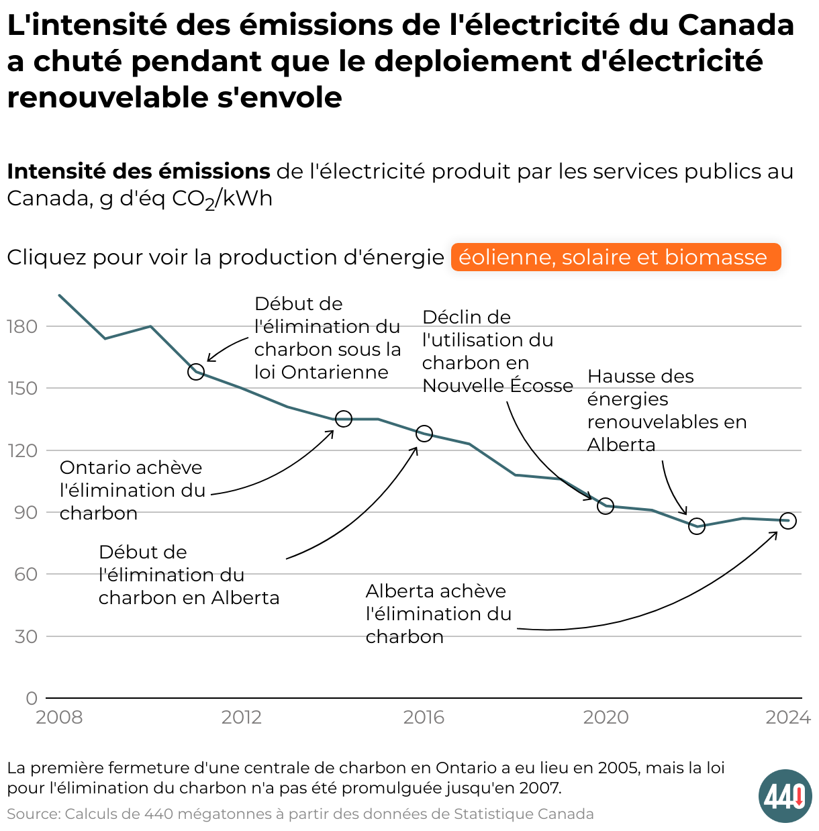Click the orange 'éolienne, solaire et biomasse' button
(x=616, y=257)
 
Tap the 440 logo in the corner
(x=785, y=796)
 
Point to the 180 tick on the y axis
(x=23, y=327)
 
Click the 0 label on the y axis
(x=32, y=699)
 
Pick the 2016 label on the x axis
(x=424, y=718)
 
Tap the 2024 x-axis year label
(x=788, y=718)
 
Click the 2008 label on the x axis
(x=59, y=718)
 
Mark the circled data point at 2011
(x=196, y=371)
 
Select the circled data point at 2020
(x=606, y=506)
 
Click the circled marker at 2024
(x=788, y=521)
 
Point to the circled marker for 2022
(x=697, y=526)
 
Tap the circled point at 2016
(x=424, y=434)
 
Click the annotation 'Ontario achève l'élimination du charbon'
(x=132, y=490)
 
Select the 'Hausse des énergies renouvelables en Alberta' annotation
(x=666, y=410)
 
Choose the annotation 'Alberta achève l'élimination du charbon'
(x=438, y=614)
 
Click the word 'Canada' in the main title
(x=736, y=25)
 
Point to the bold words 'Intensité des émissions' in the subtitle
(x=138, y=172)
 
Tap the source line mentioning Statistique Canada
(x=300, y=814)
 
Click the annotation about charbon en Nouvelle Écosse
(x=497, y=351)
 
